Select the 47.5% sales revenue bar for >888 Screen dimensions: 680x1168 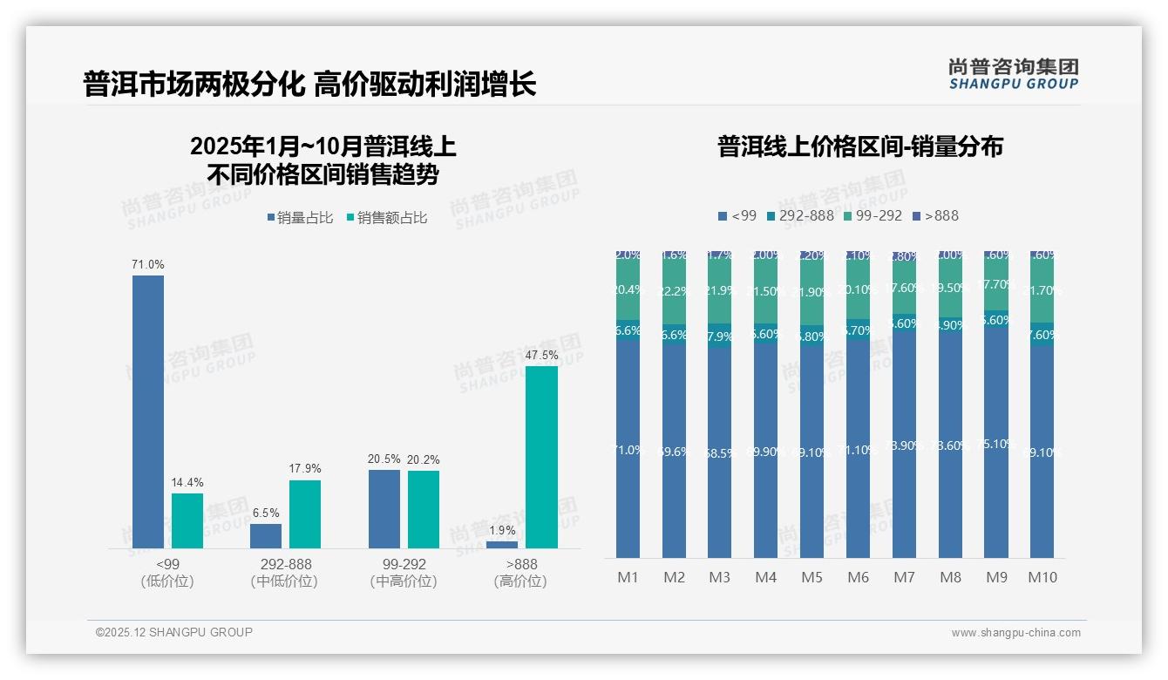[x=541, y=457]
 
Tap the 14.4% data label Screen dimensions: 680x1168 [x=187, y=482]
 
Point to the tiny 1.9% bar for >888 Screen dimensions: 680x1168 [x=502, y=545]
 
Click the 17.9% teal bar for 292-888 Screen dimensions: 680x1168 [x=305, y=514]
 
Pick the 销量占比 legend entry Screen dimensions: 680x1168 [x=300, y=218]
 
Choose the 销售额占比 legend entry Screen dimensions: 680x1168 [x=387, y=218]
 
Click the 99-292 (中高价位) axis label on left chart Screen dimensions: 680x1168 [x=403, y=573]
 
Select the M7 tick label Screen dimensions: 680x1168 [x=904, y=577]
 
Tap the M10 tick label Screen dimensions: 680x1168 [x=1042, y=577]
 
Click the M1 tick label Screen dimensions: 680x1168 [x=628, y=577]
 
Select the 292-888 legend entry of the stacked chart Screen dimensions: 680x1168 [x=799, y=215]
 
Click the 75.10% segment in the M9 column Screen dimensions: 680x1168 [x=996, y=445]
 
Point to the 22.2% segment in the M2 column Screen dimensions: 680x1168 [x=674, y=290]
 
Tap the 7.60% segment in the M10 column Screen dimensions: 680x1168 [x=1042, y=335]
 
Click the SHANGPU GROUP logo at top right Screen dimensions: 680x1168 [x=1013, y=74]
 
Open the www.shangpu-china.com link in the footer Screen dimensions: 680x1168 [x=1015, y=633]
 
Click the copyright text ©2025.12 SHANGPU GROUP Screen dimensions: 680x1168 [x=173, y=632]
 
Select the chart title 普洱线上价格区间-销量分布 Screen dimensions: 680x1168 [x=859, y=146]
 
